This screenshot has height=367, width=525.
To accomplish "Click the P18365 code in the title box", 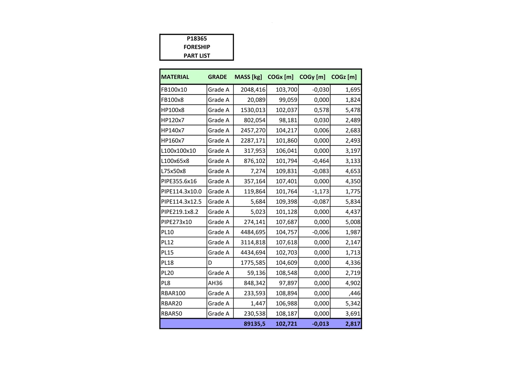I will (x=197, y=38).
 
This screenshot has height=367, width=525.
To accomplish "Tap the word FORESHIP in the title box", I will (x=197, y=47).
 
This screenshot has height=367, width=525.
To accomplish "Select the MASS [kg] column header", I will (x=248, y=77).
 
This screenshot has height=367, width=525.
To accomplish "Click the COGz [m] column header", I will (x=344, y=77).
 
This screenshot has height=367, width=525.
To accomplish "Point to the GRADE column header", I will (x=217, y=77).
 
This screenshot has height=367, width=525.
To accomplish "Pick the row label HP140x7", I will (x=173, y=130).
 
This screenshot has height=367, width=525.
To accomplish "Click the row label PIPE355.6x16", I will (x=179, y=181).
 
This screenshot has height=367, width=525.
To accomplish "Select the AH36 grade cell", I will (x=215, y=283).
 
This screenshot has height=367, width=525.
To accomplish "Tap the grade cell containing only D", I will (x=210, y=263).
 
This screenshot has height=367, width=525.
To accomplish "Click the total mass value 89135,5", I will (x=254, y=324).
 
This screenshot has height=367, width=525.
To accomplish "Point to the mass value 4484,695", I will (x=253, y=232).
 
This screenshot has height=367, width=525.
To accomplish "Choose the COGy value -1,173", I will (x=320, y=192).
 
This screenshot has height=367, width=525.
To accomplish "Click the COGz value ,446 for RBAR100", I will (x=354, y=293).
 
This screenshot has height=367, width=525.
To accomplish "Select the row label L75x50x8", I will (x=173, y=171).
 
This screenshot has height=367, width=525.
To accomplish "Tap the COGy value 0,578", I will (x=321, y=110).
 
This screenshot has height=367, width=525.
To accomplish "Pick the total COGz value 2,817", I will (x=353, y=324).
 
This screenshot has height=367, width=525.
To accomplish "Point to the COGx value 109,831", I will (x=286, y=171).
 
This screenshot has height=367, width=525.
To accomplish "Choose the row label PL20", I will (x=167, y=273).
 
